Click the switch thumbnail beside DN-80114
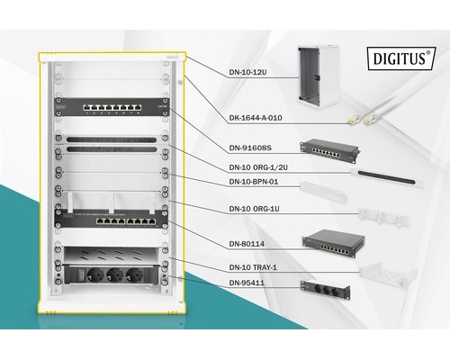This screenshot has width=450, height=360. pos(328,240)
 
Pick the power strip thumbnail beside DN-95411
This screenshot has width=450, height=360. pos(325,289)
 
